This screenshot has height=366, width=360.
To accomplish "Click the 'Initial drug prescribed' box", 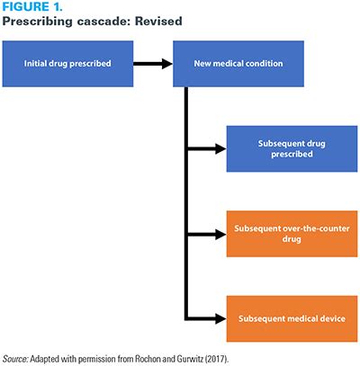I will pyautogui.click(x=67, y=64).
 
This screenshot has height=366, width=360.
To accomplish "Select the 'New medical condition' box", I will pyautogui.click(x=238, y=64).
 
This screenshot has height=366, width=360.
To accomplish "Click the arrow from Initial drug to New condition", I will pyautogui.click(x=153, y=64).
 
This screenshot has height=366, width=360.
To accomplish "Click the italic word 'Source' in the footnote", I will pyautogui.click(x=20, y=357).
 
